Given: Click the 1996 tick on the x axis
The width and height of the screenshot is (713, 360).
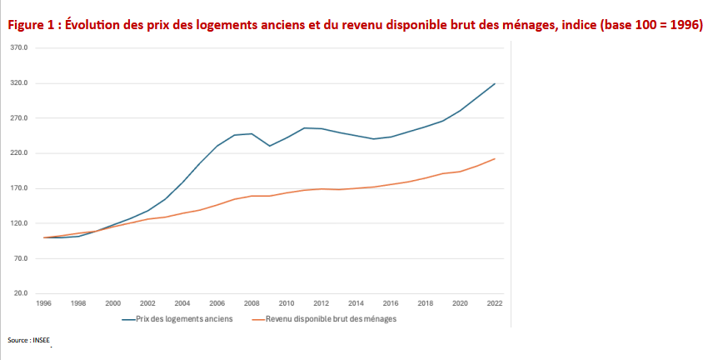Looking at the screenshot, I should coord(44,303).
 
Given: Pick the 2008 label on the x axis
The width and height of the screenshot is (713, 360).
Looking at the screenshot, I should coord(252,303).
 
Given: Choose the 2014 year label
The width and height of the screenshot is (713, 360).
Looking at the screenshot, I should coord(356,303).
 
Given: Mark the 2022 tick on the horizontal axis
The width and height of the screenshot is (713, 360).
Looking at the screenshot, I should coord(495,303).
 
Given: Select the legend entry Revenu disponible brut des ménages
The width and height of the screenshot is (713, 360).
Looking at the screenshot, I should coord(330,319).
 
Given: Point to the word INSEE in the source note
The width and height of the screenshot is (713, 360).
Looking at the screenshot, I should coord(41,341).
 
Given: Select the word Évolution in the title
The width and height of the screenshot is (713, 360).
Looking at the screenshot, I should coord(96,25).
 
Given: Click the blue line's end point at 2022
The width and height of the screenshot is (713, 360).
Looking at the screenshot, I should coord(495,83).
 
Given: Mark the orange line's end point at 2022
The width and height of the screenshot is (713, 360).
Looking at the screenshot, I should coord(495,158).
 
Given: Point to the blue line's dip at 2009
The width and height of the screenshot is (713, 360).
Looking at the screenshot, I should coord(269,146).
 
